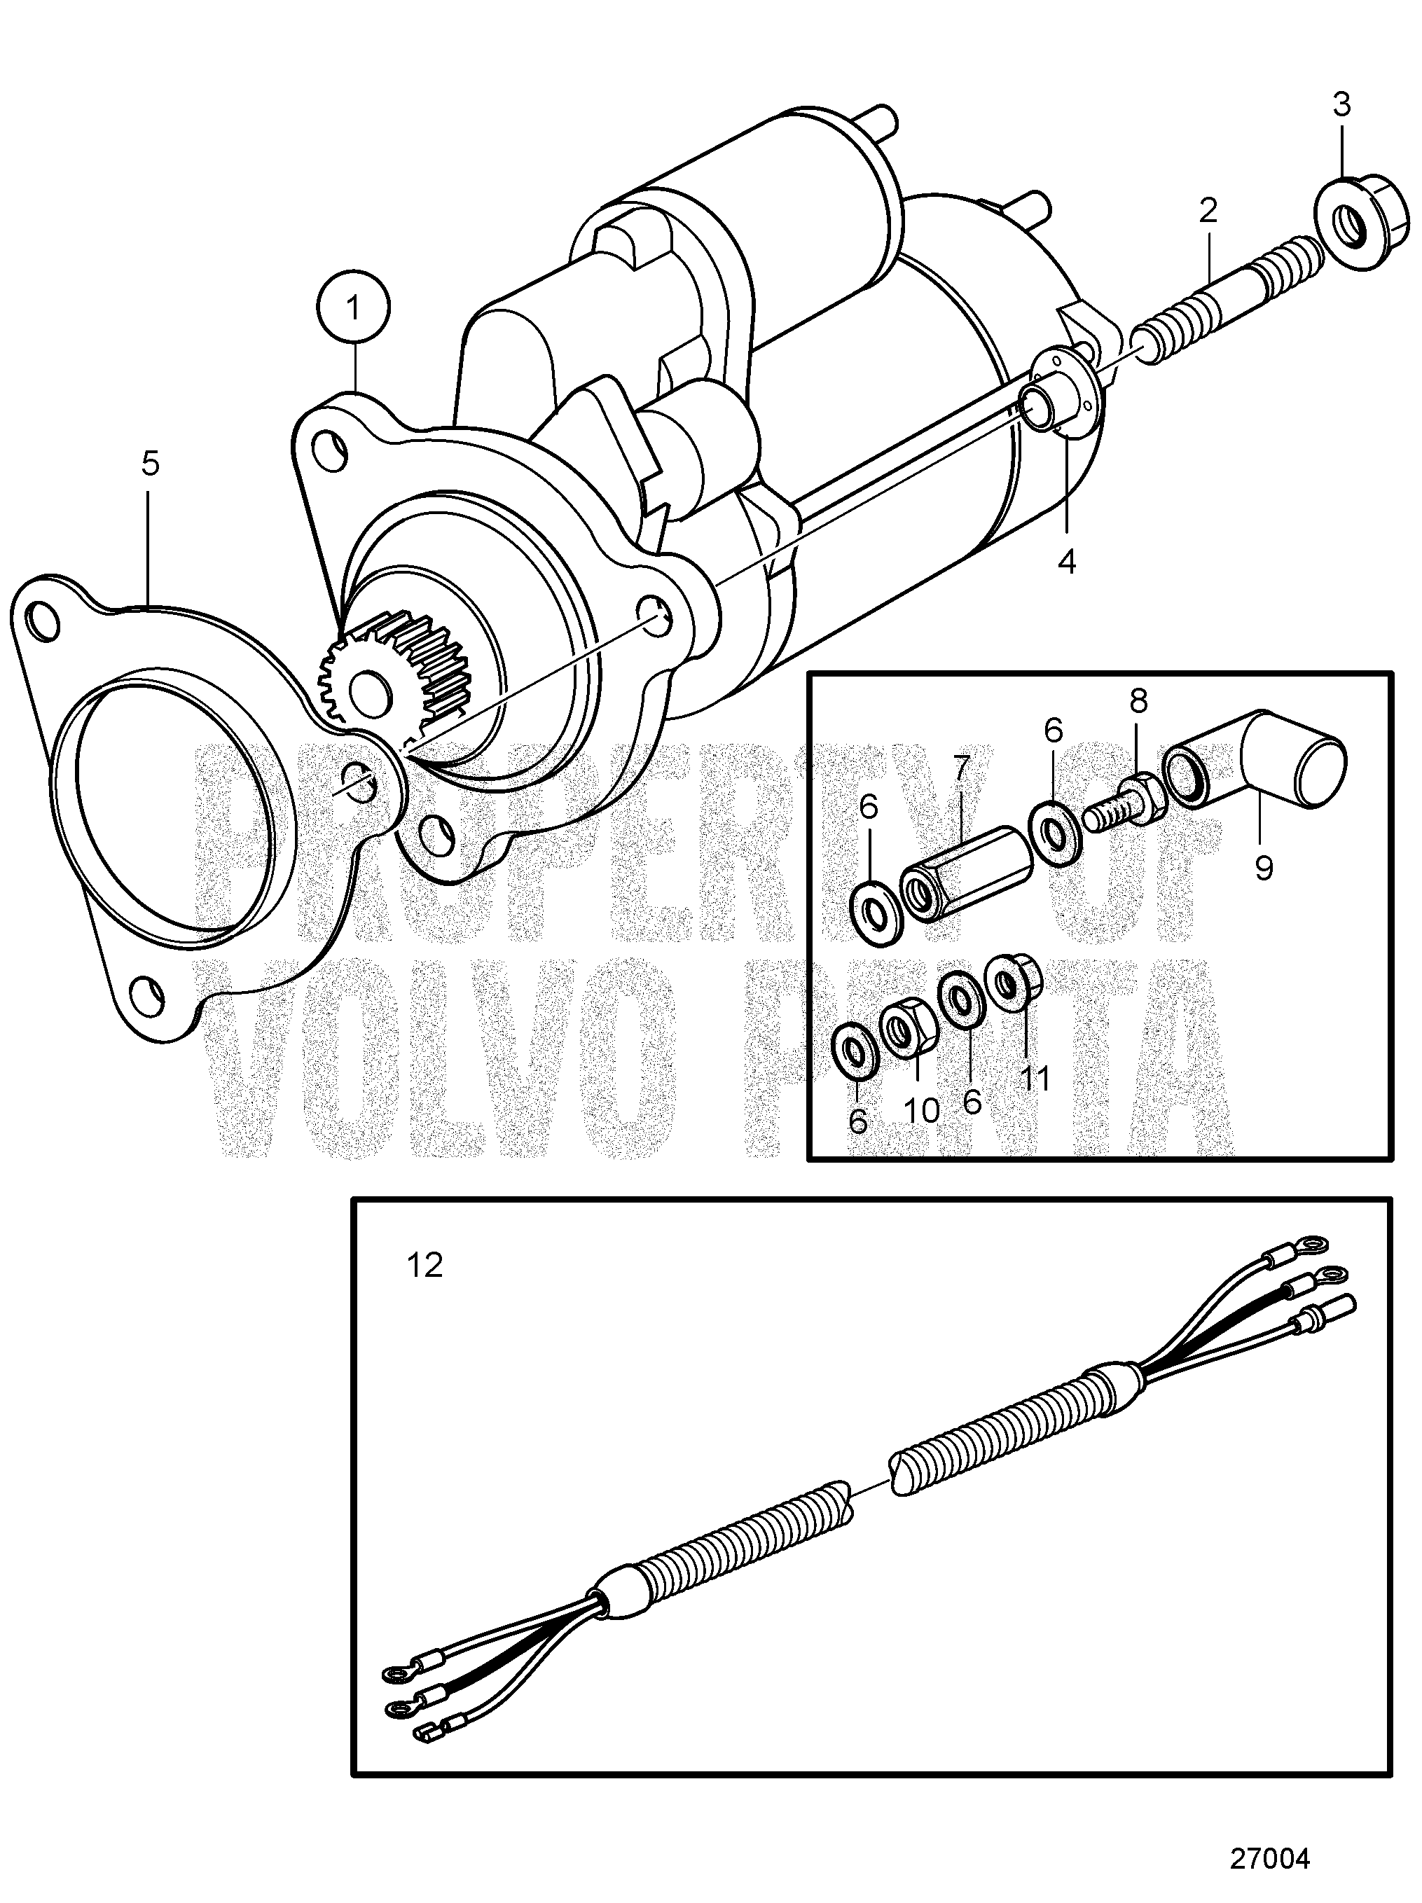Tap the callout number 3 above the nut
[1341, 105]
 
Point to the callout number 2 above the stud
[1208, 210]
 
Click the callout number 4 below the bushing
[1067, 562]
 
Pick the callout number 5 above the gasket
[150, 464]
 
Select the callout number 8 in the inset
[1138, 701]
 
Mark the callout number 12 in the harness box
[424, 1265]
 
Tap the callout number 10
[921, 1111]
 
